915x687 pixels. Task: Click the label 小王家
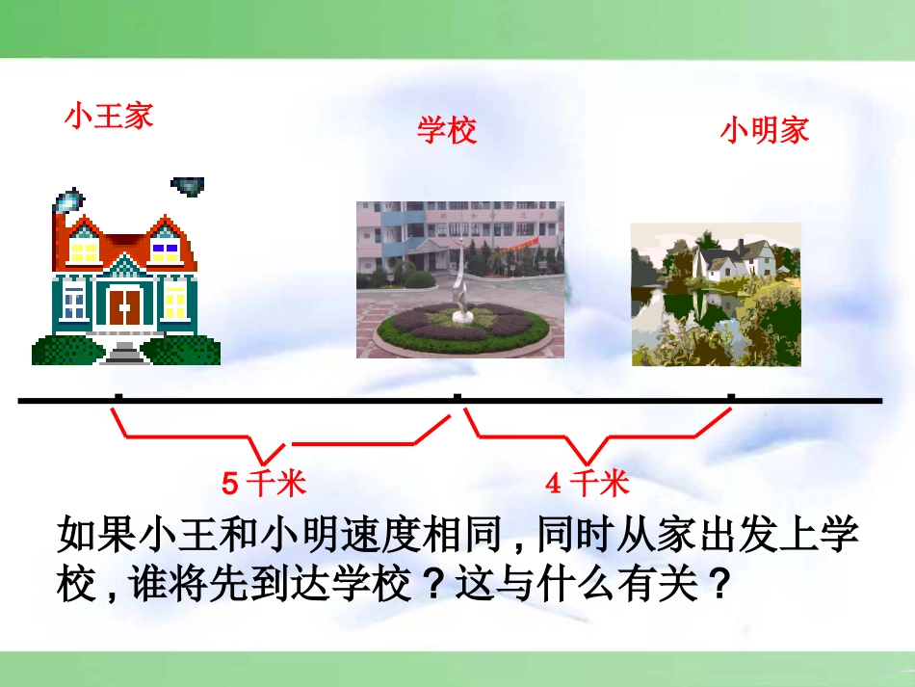[109, 116]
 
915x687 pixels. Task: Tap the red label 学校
[447, 129]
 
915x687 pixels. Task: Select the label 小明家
[765, 129]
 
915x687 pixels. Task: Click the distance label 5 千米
[264, 484]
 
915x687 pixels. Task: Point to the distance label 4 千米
[588, 484]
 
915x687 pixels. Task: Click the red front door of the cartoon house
[125, 306]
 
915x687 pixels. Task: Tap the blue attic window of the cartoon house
[165, 252]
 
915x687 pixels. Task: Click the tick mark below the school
[457, 397]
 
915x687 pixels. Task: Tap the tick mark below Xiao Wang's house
[118, 397]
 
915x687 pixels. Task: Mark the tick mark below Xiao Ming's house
[731, 397]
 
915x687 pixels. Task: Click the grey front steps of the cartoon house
[123, 353]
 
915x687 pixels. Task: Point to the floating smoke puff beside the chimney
[187, 186]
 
